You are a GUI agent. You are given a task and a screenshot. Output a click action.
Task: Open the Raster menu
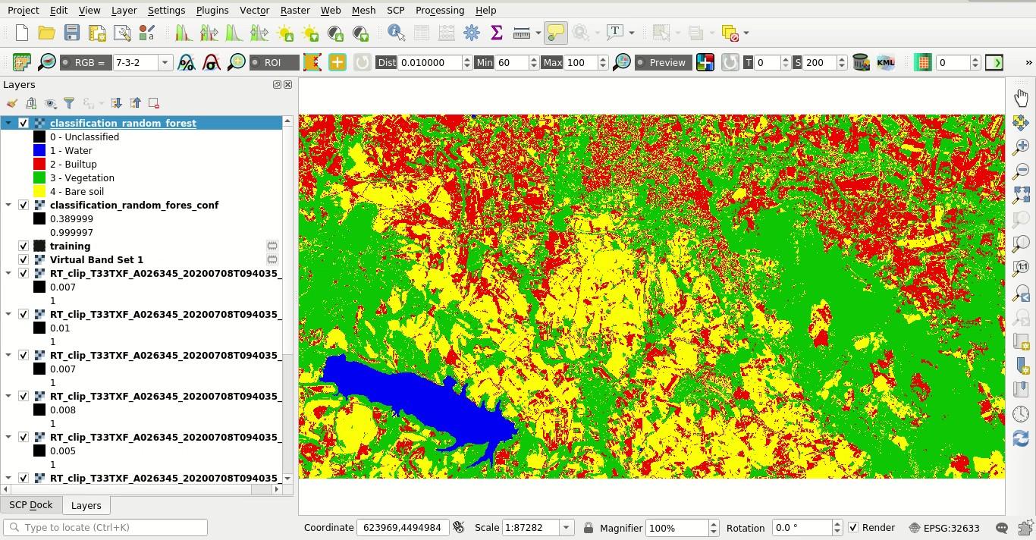tap(295, 10)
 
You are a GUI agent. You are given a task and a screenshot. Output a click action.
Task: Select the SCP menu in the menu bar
tap(395, 10)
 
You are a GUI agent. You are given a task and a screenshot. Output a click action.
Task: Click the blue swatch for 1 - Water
tap(39, 151)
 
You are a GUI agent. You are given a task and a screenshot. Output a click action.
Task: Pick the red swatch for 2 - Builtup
tap(39, 165)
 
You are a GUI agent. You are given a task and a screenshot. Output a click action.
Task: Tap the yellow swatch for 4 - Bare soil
tap(39, 192)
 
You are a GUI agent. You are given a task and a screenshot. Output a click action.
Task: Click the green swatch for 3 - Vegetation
tap(39, 178)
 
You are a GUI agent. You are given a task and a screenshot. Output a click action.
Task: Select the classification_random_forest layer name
tap(123, 123)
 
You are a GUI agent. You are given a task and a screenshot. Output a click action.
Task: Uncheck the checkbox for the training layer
tap(24, 246)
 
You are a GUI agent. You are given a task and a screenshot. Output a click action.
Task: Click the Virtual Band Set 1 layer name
tap(96, 259)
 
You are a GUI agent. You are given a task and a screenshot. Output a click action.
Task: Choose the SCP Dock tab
tap(31, 505)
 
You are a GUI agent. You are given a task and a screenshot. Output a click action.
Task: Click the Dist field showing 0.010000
tap(429, 63)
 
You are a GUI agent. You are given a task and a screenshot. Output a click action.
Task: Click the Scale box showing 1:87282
tap(530, 528)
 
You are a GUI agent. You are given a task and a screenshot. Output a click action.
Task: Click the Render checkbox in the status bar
tap(854, 528)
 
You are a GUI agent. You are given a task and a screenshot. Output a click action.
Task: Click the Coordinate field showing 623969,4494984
tap(402, 528)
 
